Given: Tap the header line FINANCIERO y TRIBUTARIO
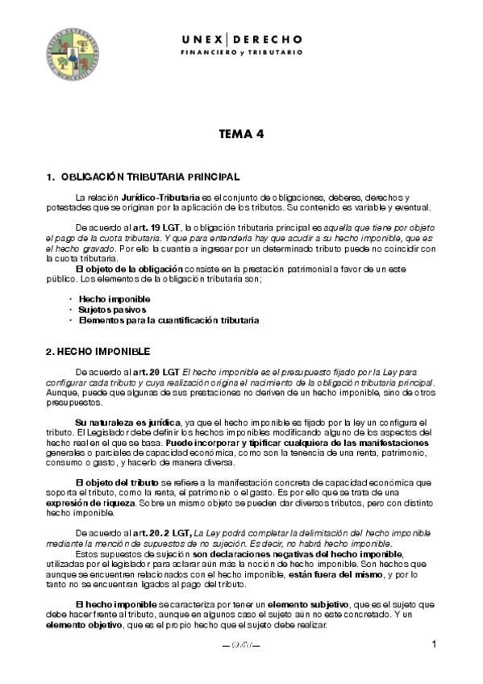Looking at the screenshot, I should tap(241, 52).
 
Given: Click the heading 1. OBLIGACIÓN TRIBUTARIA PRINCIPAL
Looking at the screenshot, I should tap(143, 177).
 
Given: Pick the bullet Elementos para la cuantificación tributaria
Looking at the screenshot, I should tap(169, 320).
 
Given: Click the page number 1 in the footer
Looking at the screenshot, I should tap(434, 644).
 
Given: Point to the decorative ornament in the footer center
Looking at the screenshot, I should tap(241, 646).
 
